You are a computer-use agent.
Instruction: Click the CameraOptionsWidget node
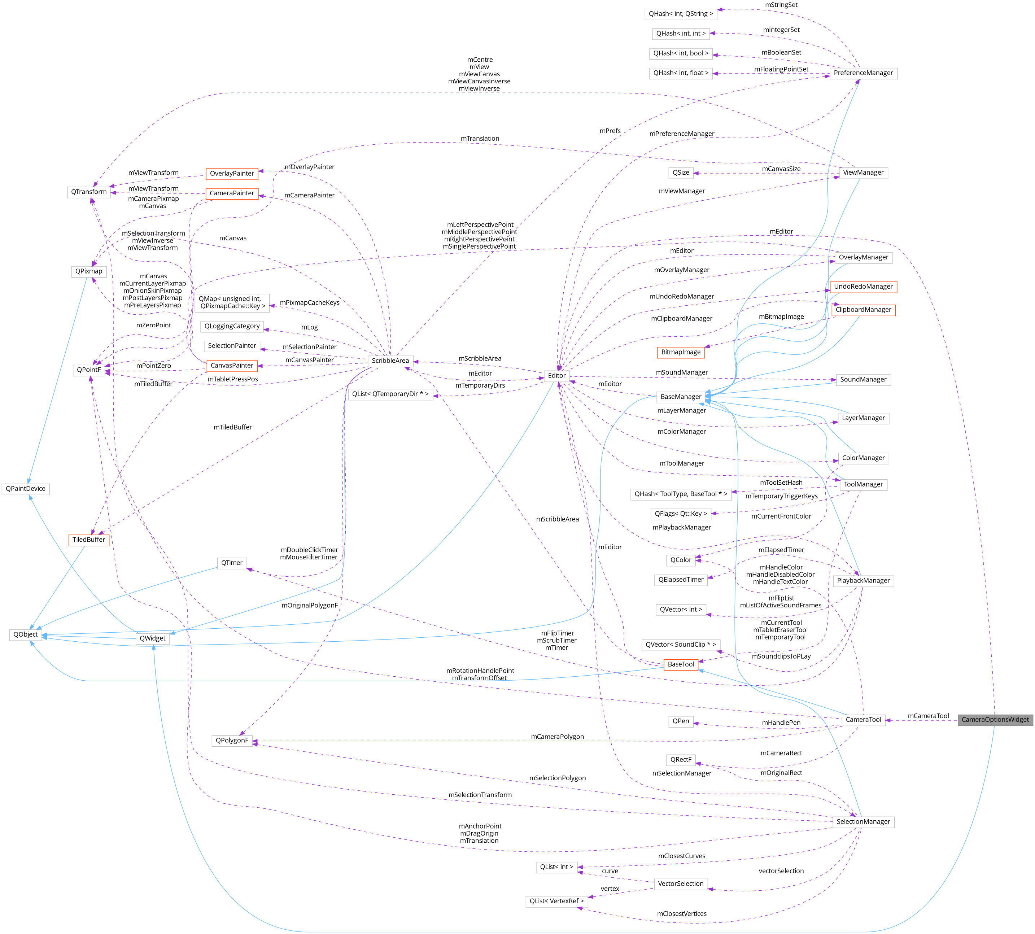click(x=995, y=720)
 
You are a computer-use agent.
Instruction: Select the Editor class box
click(x=557, y=376)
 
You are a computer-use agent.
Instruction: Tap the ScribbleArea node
click(x=390, y=361)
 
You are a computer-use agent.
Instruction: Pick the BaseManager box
click(x=680, y=397)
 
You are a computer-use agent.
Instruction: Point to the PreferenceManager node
click(x=863, y=73)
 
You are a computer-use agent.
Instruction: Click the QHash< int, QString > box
click(x=680, y=14)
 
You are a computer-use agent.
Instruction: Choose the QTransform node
click(x=89, y=192)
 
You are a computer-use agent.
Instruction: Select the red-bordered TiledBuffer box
click(x=89, y=540)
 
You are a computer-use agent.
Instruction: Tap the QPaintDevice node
click(x=26, y=489)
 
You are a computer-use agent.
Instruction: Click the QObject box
click(x=26, y=635)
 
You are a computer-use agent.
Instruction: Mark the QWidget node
click(x=152, y=638)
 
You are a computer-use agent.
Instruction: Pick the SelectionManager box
click(x=863, y=822)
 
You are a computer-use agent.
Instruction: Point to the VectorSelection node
click(x=680, y=884)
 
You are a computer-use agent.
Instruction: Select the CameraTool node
click(x=863, y=720)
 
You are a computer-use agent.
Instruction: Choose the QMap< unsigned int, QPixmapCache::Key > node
click(x=232, y=302)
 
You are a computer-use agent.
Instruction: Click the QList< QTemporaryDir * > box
click(x=390, y=394)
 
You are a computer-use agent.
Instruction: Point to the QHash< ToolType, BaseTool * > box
click(x=680, y=494)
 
